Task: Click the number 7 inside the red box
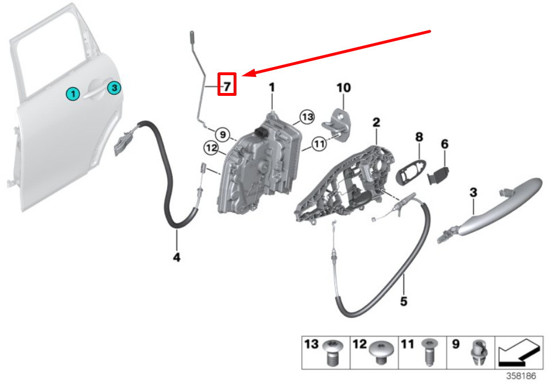(x=227, y=86)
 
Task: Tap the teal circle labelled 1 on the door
(x=73, y=94)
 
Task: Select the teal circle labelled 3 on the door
(x=114, y=88)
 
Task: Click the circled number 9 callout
(x=223, y=134)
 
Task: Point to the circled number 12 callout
(x=211, y=148)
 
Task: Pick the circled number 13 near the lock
(x=307, y=117)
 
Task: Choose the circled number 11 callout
(x=319, y=143)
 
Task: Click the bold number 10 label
(x=344, y=88)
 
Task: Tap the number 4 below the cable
(x=177, y=257)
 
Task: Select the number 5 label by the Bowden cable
(x=404, y=301)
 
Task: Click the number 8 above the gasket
(x=419, y=137)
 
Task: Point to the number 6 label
(x=445, y=143)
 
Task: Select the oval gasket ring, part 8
(x=412, y=171)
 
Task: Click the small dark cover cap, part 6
(x=439, y=176)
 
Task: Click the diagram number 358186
(x=521, y=376)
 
